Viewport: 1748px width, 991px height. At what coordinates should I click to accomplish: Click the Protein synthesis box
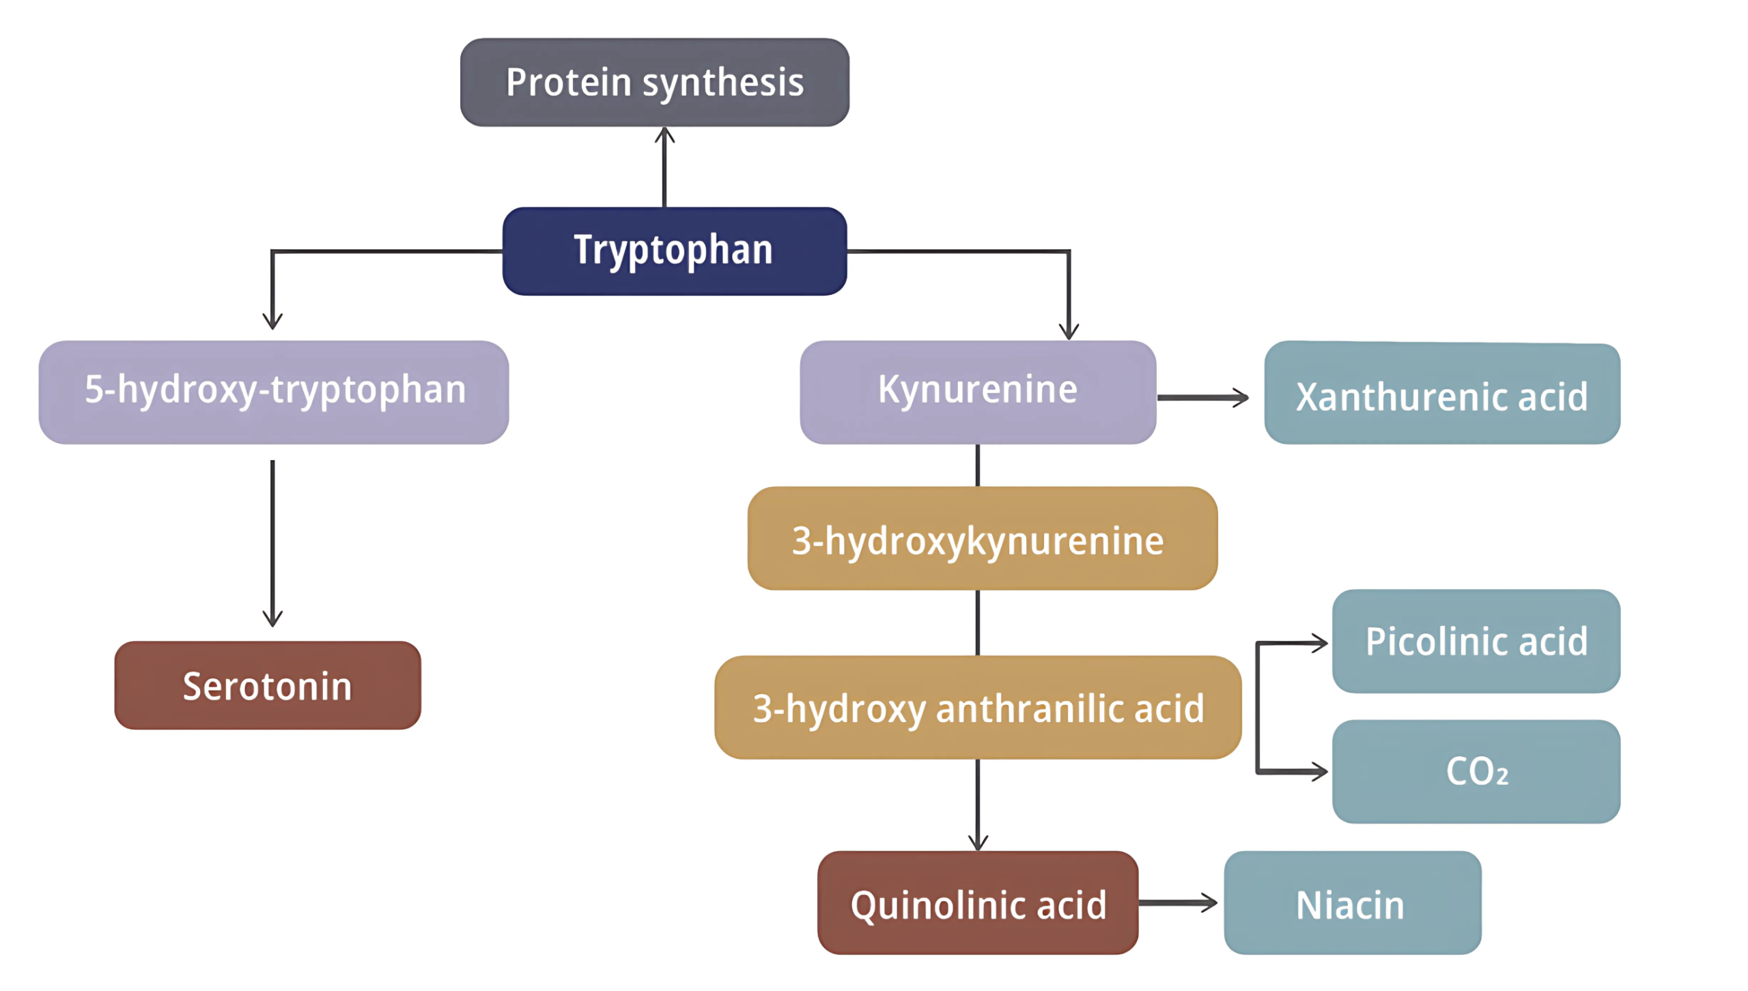[654, 82]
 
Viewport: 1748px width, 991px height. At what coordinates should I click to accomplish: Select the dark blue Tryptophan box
[674, 250]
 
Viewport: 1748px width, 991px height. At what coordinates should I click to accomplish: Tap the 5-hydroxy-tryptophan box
[273, 392]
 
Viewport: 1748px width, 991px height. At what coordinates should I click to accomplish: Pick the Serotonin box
[267, 685]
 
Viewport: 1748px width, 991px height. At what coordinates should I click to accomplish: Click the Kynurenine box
[977, 392]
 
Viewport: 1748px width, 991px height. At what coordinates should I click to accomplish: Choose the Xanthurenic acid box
[1441, 394]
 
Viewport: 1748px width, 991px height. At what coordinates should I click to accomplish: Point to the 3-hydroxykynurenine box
[982, 538]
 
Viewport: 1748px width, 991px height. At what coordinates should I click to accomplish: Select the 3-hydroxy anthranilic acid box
[977, 707]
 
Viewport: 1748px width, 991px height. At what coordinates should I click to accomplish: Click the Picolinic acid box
[1476, 641]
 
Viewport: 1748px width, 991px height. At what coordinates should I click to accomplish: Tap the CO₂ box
[1476, 771]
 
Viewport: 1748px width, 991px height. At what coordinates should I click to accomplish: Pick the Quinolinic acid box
[977, 902]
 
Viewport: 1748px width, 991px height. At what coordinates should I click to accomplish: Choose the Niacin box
[1352, 902]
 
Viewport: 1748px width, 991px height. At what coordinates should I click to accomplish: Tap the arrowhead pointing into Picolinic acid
[1320, 642]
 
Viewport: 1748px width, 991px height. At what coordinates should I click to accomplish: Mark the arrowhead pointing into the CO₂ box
[1320, 772]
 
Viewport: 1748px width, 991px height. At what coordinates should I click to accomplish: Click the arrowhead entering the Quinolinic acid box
[978, 842]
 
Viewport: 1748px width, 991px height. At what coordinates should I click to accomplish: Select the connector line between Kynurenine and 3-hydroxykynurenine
[978, 465]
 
